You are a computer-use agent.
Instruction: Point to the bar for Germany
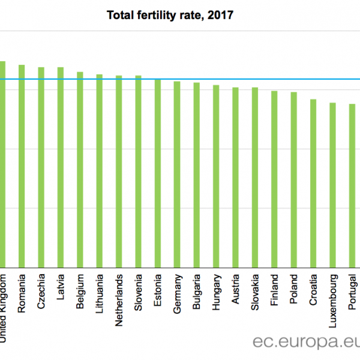tap(177, 173)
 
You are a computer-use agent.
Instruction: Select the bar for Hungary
tap(216, 175)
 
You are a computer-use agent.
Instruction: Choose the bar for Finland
tap(274, 178)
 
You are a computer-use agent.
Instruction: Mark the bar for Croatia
tap(313, 182)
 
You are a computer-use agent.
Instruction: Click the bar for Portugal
tap(352, 185)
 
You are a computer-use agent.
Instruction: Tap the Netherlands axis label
tap(119, 292)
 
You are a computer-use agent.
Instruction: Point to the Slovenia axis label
tap(139, 291)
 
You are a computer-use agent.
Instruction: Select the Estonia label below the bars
tap(158, 289)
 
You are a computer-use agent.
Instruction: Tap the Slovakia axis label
tap(255, 290)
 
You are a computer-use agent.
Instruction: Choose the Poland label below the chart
tap(294, 289)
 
